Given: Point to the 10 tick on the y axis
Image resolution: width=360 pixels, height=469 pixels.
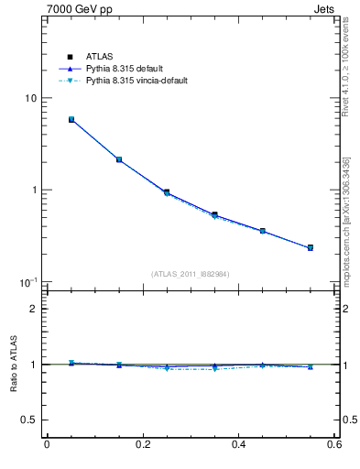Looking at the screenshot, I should (x=30, y=99).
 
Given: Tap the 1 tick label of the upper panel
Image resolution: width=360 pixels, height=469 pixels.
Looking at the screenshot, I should (x=34, y=191).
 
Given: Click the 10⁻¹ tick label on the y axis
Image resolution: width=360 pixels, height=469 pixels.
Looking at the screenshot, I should (x=29, y=282).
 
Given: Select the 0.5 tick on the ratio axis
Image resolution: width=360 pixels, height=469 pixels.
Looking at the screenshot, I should (x=29, y=420).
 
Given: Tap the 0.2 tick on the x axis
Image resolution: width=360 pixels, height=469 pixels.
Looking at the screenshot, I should (x=143, y=445).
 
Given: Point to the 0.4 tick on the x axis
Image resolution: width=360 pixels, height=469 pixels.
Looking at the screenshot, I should (x=239, y=445).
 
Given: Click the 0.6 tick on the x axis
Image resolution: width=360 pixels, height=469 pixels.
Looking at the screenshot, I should (x=335, y=445).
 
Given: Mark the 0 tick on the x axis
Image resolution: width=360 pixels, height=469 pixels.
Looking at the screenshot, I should (x=47, y=445).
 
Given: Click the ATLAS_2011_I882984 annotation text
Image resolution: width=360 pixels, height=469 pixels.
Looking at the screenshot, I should (x=191, y=274).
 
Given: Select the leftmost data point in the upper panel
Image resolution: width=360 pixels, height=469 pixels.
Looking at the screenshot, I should (x=71, y=120).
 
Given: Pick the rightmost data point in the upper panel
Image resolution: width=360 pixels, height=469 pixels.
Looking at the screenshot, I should (x=311, y=247).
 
